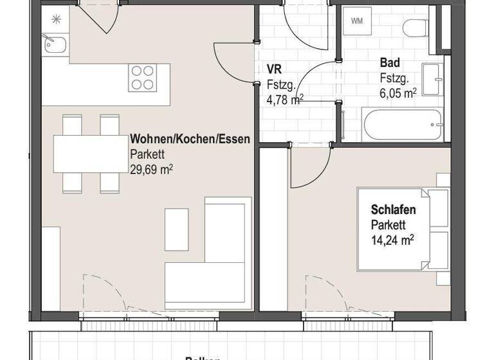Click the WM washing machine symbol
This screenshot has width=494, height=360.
[x=356, y=21]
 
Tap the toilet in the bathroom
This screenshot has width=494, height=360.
[x=416, y=28]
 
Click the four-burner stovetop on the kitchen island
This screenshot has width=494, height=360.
[x=143, y=78]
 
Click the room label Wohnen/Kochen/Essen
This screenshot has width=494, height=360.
[x=190, y=139]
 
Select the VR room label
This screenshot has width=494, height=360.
[x=273, y=69]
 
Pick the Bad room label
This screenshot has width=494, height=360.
[x=390, y=63]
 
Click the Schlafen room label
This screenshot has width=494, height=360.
[x=393, y=210]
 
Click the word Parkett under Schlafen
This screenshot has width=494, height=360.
[x=387, y=225]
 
